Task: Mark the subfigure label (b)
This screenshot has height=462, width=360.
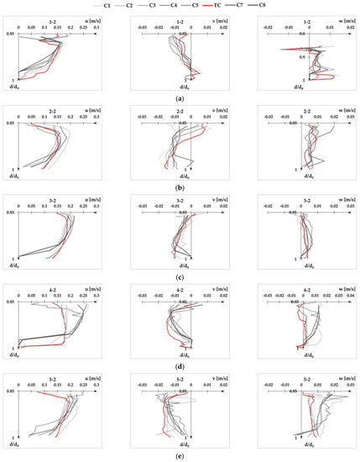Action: tap(180, 187)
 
